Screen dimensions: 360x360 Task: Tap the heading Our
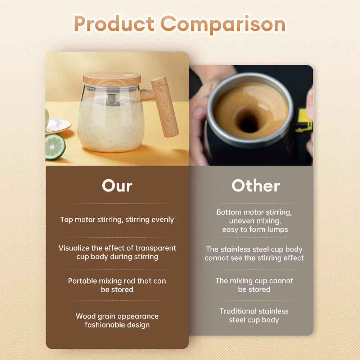pos(117,186)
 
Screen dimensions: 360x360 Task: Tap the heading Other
pos(255,186)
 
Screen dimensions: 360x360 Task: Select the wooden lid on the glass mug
pos(112,78)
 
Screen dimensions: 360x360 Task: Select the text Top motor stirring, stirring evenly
pos(117,220)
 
